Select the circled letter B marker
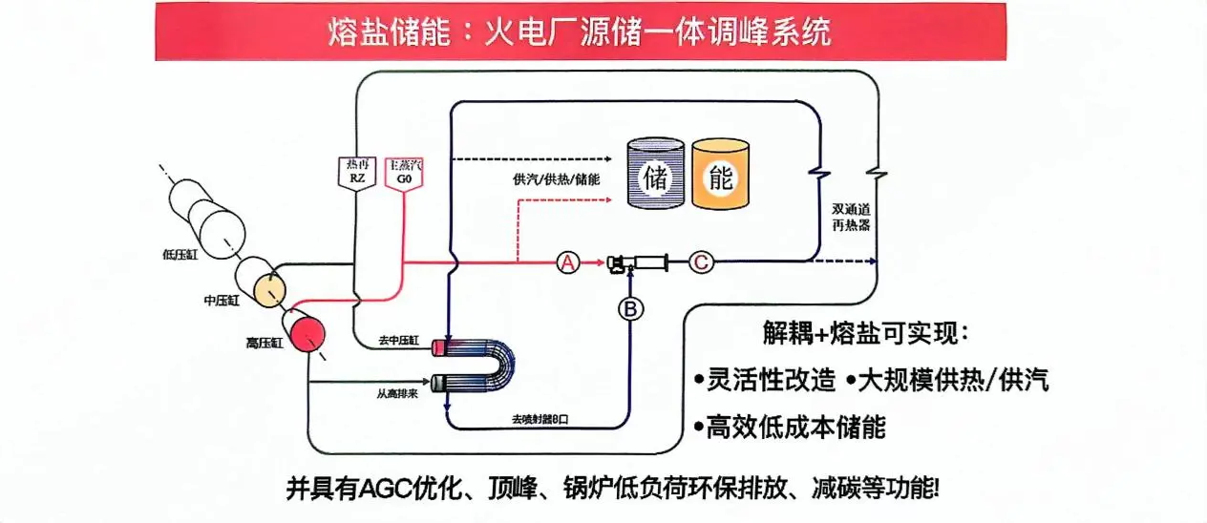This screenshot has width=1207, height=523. pyautogui.click(x=630, y=309)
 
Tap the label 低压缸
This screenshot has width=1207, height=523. pyautogui.click(x=179, y=254)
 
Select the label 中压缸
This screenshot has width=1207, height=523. pyautogui.click(x=222, y=300)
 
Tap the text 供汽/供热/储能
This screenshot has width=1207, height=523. pyautogui.click(x=556, y=178)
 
